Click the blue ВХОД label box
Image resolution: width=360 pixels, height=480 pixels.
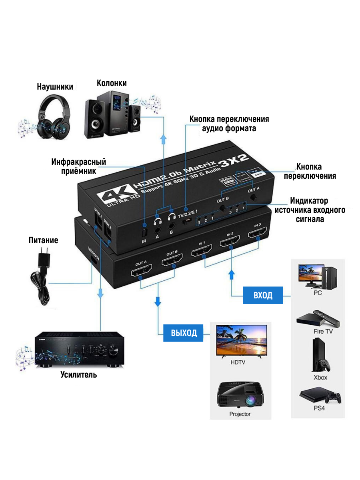coord(263,295)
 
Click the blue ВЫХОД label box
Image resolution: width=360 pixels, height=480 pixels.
coord(184,332)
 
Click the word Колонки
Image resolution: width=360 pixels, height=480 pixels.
coord(112,83)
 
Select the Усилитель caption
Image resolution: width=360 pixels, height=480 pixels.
coord(79,375)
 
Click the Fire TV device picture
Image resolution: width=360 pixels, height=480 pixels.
coord(318,318)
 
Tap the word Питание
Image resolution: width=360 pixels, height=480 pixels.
coord(43,240)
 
